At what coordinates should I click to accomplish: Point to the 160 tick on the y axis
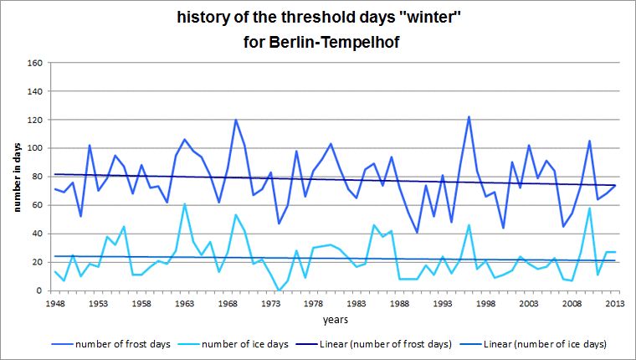click(36, 63)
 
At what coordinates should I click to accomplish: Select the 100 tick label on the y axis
click(36, 148)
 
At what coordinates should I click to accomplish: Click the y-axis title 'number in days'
click(16, 177)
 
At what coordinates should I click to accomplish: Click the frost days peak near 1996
click(469, 117)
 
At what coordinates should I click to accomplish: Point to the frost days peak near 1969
click(236, 120)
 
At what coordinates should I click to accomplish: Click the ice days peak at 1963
click(184, 203)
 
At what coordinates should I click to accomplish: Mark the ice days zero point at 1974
click(279, 291)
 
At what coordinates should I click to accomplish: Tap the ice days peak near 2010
click(589, 208)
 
